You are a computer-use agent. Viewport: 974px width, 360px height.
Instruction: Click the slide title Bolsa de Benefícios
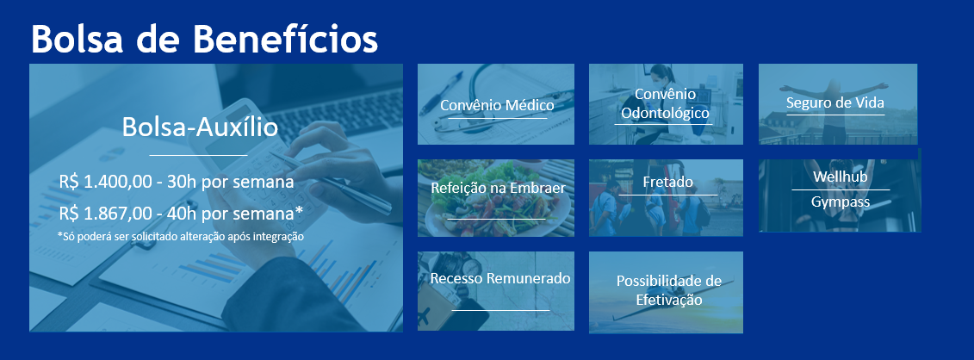click(x=204, y=39)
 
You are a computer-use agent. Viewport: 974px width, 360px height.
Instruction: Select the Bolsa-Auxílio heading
click(x=200, y=127)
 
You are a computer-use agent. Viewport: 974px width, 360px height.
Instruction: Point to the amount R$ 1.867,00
click(x=106, y=214)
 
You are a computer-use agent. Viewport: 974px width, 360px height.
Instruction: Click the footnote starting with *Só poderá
click(x=180, y=237)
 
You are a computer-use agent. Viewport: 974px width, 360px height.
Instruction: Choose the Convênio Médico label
click(x=497, y=105)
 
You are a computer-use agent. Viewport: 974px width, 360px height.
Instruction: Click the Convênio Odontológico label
click(x=666, y=103)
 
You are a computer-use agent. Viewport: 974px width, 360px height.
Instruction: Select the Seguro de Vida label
click(x=834, y=102)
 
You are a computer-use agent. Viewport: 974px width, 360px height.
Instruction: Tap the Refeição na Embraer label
click(x=498, y=188)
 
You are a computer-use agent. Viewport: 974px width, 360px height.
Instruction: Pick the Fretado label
click(x=667, y=183)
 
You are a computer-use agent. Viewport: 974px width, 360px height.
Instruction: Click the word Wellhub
click(x=840, y=177)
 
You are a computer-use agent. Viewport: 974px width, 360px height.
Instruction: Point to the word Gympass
click(x=841, y=202)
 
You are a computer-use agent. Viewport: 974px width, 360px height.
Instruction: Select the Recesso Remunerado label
click(x=500, y=278)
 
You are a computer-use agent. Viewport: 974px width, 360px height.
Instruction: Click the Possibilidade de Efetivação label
click(x=669, y=290)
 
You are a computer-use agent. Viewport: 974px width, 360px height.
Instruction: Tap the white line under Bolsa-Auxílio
click(x=199, y=154)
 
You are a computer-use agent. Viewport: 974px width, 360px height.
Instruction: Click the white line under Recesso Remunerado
click(x=500, y=310)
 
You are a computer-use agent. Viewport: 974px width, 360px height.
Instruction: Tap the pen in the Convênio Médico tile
click(x=441, y=93)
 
